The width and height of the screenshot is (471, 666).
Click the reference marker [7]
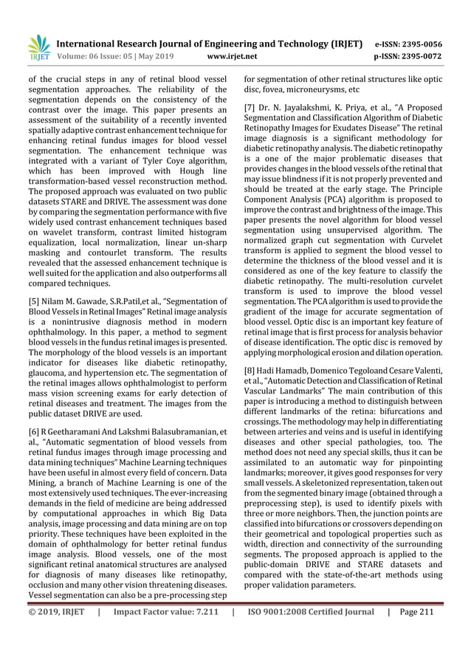pyautogui.click(x=251, y=110)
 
